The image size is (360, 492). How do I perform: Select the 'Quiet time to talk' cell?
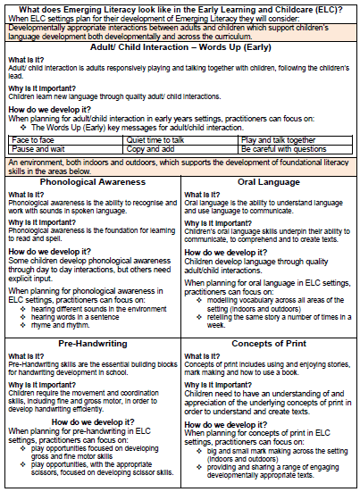coord(157,139)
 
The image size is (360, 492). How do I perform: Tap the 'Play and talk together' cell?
coord(277,139)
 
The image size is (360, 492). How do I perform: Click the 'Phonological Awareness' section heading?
coord(92,182)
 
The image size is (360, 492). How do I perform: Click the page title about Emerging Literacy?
coord(179,7)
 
